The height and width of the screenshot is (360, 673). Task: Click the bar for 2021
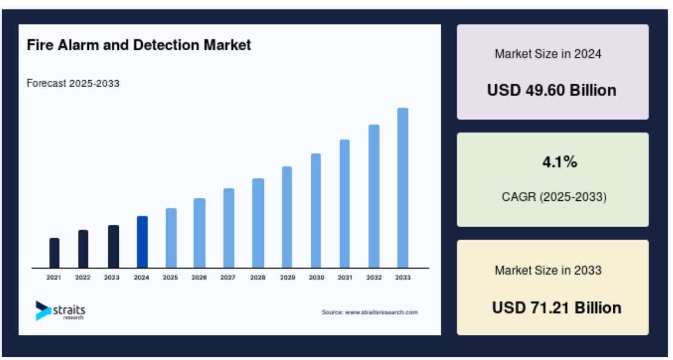[x=54, y=253]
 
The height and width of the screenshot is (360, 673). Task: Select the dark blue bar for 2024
[x=142, y=242]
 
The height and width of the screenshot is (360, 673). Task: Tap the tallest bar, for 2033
[x=403, y=188]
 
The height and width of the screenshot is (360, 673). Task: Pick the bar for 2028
[x=258, y=223]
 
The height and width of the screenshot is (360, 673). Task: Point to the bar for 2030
[x=316, y=211]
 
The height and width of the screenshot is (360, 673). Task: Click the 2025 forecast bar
[x=171, y=238]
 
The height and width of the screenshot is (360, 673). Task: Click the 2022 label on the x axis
[x=83, y=277]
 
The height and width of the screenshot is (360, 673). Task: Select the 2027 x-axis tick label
[x=228, y=277]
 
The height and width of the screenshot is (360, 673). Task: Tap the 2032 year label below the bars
[x=374, y=277]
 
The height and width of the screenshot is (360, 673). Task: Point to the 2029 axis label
[x=287, y=277]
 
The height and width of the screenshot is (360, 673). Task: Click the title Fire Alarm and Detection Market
[x=139, y=45]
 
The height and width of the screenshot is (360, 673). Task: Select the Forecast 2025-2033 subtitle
[x=73, y=83]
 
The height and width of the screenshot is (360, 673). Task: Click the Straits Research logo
[x=60, y=311]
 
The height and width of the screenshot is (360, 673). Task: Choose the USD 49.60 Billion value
[x=552, y=90]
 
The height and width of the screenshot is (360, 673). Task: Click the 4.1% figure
[x=559, y=162]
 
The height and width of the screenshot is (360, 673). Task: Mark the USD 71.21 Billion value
[x=557, y=308]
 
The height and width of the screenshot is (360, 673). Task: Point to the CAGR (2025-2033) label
[x=554, y=197]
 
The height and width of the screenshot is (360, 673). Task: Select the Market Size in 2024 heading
[x=548, y=54]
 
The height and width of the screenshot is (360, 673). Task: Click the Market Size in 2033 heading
[x=548, y=270]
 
